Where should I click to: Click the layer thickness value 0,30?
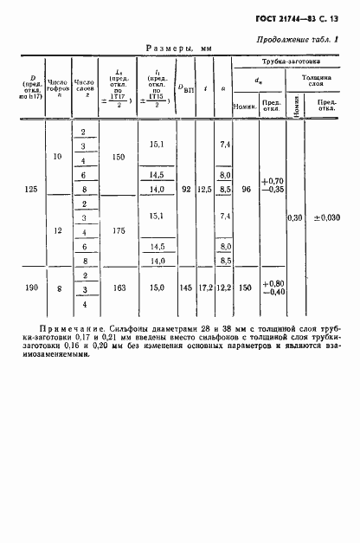point(299,217)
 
